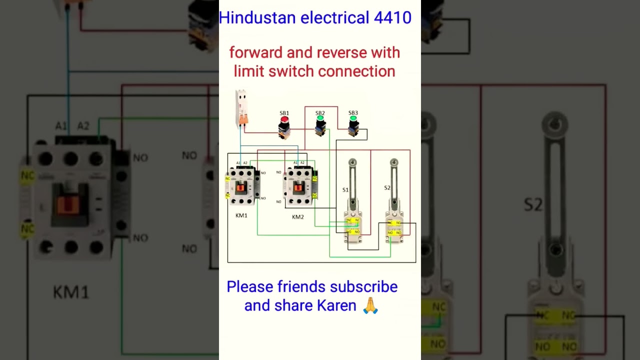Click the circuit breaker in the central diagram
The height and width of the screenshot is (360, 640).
click(242, 108)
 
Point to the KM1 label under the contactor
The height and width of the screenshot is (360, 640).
click(241, 215)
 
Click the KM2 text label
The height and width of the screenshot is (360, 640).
click(298, 217)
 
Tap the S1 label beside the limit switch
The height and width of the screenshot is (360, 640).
click(345, 190)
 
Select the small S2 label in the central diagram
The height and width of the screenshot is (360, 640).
click(387, 188)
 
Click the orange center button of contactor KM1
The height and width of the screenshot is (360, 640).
click(241, 188)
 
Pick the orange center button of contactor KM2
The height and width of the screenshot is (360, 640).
click(298, 188)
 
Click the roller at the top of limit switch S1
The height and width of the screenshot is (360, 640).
click(352, 162)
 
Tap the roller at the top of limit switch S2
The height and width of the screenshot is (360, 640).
click(394, 162)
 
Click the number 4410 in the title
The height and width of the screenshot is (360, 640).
click(392, 18)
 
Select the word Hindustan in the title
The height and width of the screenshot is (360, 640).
click(257, 18)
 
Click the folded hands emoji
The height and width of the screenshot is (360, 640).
click(370, 305)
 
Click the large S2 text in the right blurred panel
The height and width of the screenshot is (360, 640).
click(533, 205)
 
